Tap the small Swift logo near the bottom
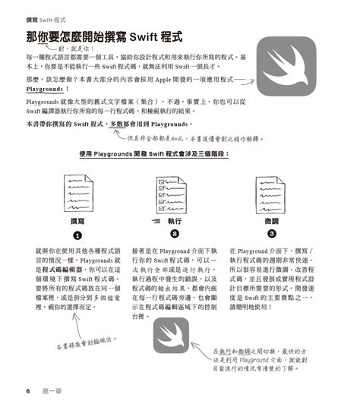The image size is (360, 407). (x=171, y=335)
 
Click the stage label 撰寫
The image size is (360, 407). (x=77, y=220)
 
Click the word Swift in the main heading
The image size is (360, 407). (x=149, y=36)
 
